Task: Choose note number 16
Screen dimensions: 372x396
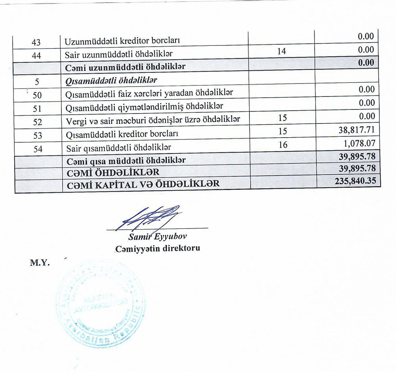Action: coord(283,145)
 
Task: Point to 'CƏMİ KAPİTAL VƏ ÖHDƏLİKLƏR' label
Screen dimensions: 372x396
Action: coord(143,184)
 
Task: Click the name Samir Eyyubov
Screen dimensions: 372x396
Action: coord(157,237)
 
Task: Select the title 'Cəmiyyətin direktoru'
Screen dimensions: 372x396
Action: coord(157,249)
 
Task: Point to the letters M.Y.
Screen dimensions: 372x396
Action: coord(40,263)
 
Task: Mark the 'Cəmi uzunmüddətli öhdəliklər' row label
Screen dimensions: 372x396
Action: coord(126,66)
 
